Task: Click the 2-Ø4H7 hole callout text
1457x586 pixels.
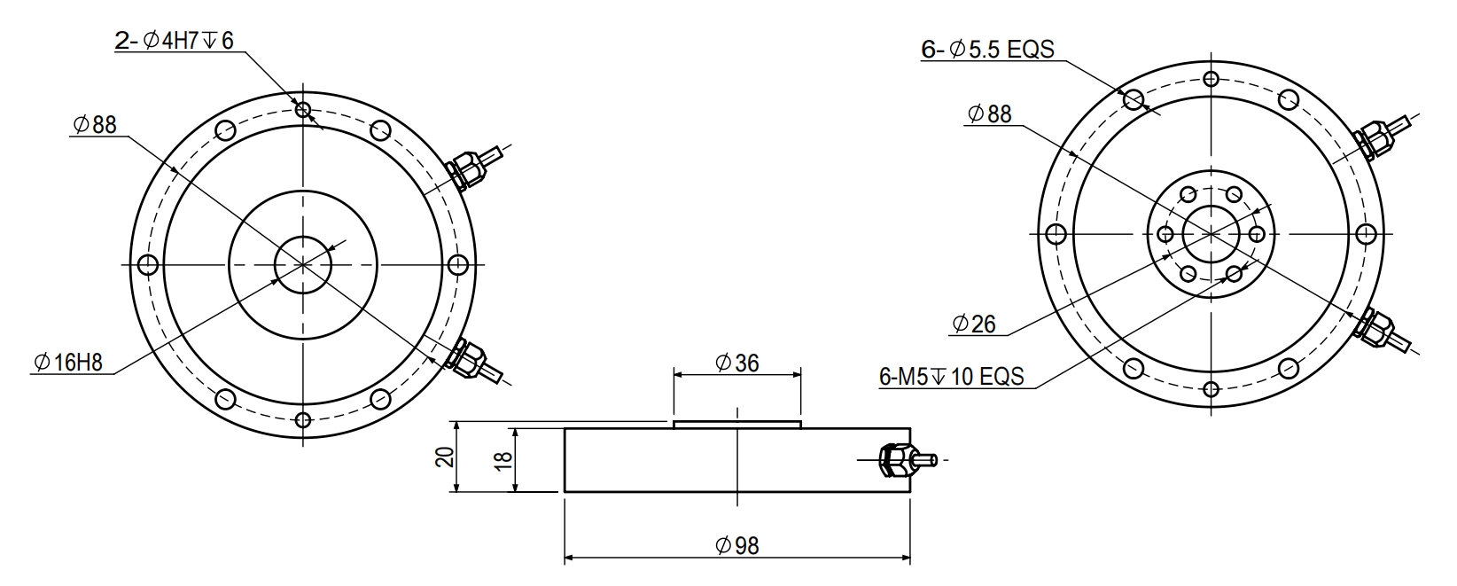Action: [x=174, y=41]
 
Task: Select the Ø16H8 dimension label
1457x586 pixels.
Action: [x=68, y=363]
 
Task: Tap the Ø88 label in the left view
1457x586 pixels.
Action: [x=95, y=124]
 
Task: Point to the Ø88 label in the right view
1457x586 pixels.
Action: [x=989, y=113]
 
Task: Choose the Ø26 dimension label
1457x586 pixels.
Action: [x=974, y=324]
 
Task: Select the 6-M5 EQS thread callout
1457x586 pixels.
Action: [x=952, y=376]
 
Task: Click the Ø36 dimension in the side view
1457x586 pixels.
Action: [x=737, y=363]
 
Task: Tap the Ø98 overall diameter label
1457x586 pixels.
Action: [x=737, y=546]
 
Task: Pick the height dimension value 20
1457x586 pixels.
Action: [x=445, y=457]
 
